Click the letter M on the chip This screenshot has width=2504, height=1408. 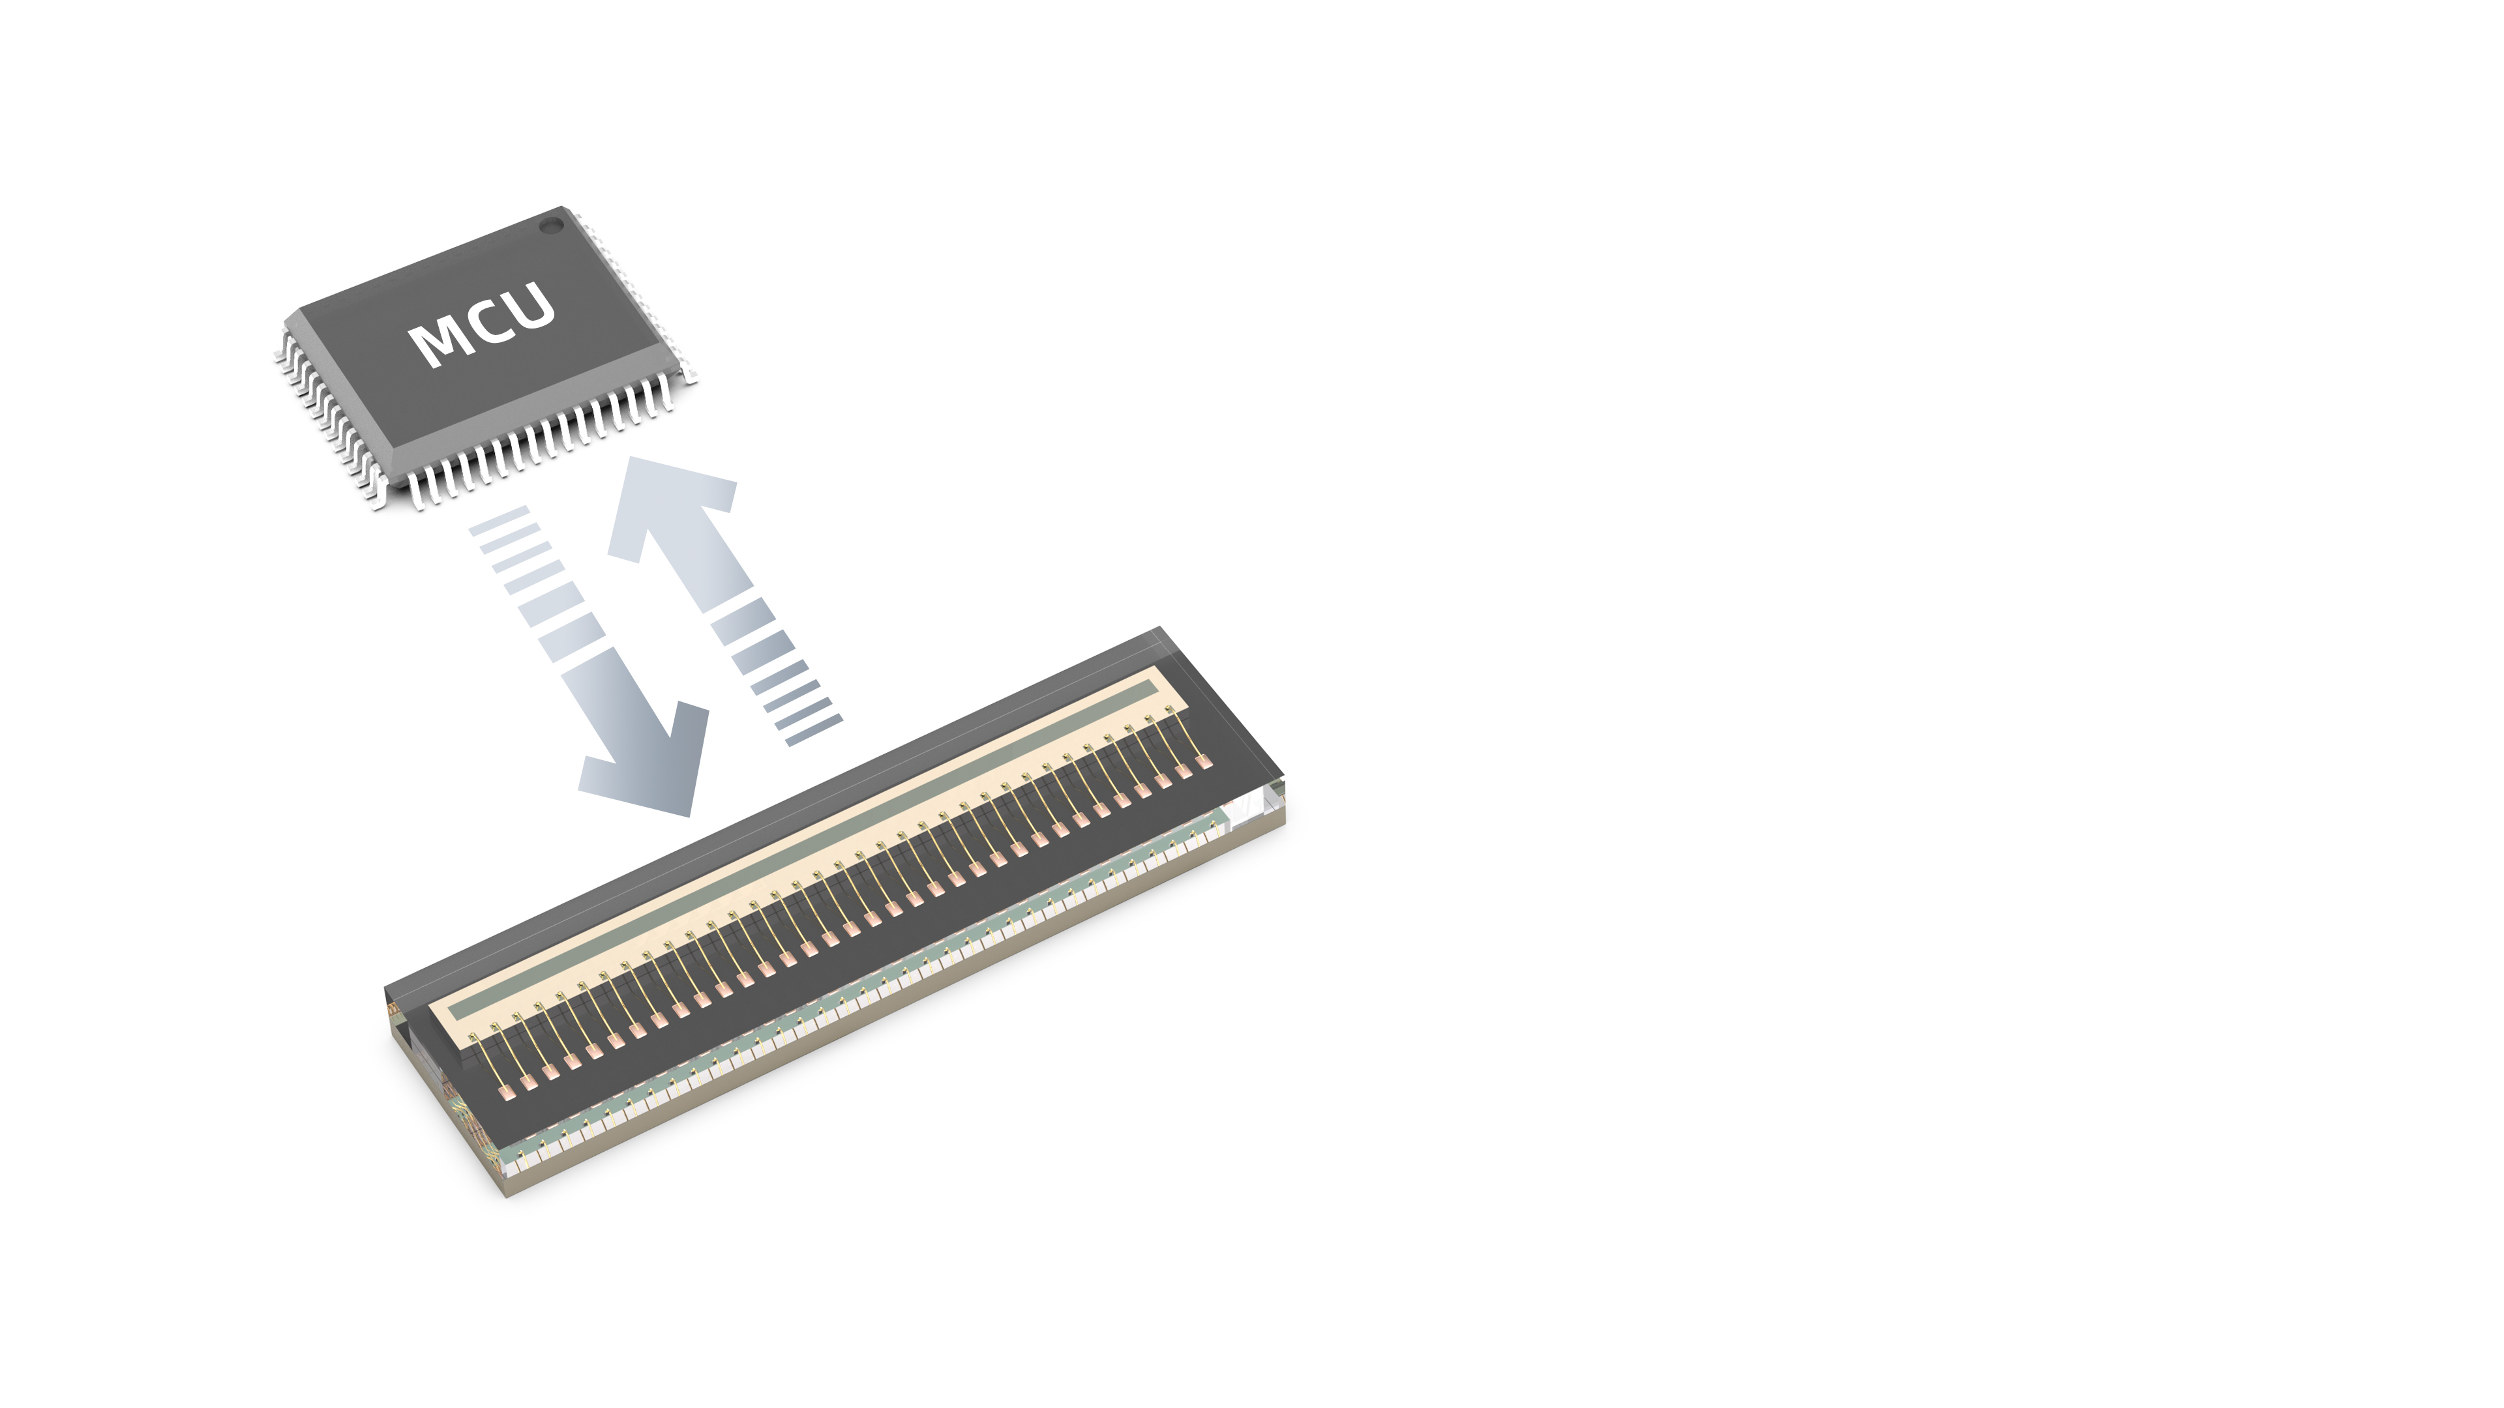click(x=438, y=342)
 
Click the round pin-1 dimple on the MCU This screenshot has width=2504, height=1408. click(x=551, y=226)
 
